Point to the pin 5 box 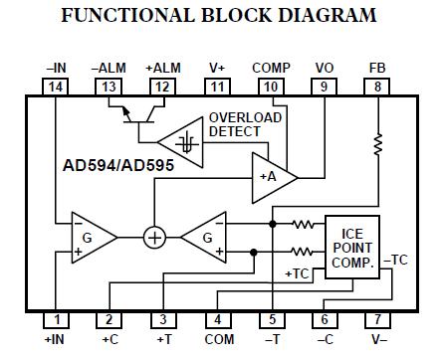271,319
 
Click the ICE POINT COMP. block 351,246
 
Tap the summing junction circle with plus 154,238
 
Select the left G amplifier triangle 91,238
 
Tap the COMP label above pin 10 271,69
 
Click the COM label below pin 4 216,340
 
